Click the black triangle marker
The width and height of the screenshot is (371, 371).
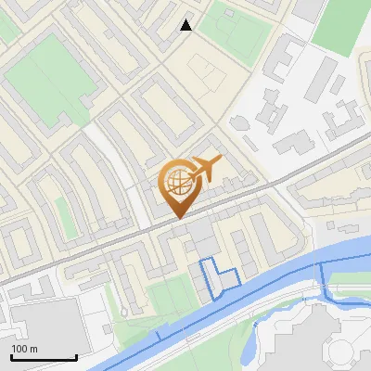(x=186, y=25)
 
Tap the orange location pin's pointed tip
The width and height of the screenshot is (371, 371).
(x=179, y=218)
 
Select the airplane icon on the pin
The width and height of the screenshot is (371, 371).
(x=206, y=169)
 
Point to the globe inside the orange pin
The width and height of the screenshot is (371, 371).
(x=178, y=183)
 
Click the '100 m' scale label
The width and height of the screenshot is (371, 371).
(x=25, y=349)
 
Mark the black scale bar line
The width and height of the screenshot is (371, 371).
(x=43, y=358)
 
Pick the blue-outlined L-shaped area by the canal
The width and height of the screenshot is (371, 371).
(x=219, y=277)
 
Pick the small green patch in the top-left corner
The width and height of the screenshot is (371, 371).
(x=7, y=28)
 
